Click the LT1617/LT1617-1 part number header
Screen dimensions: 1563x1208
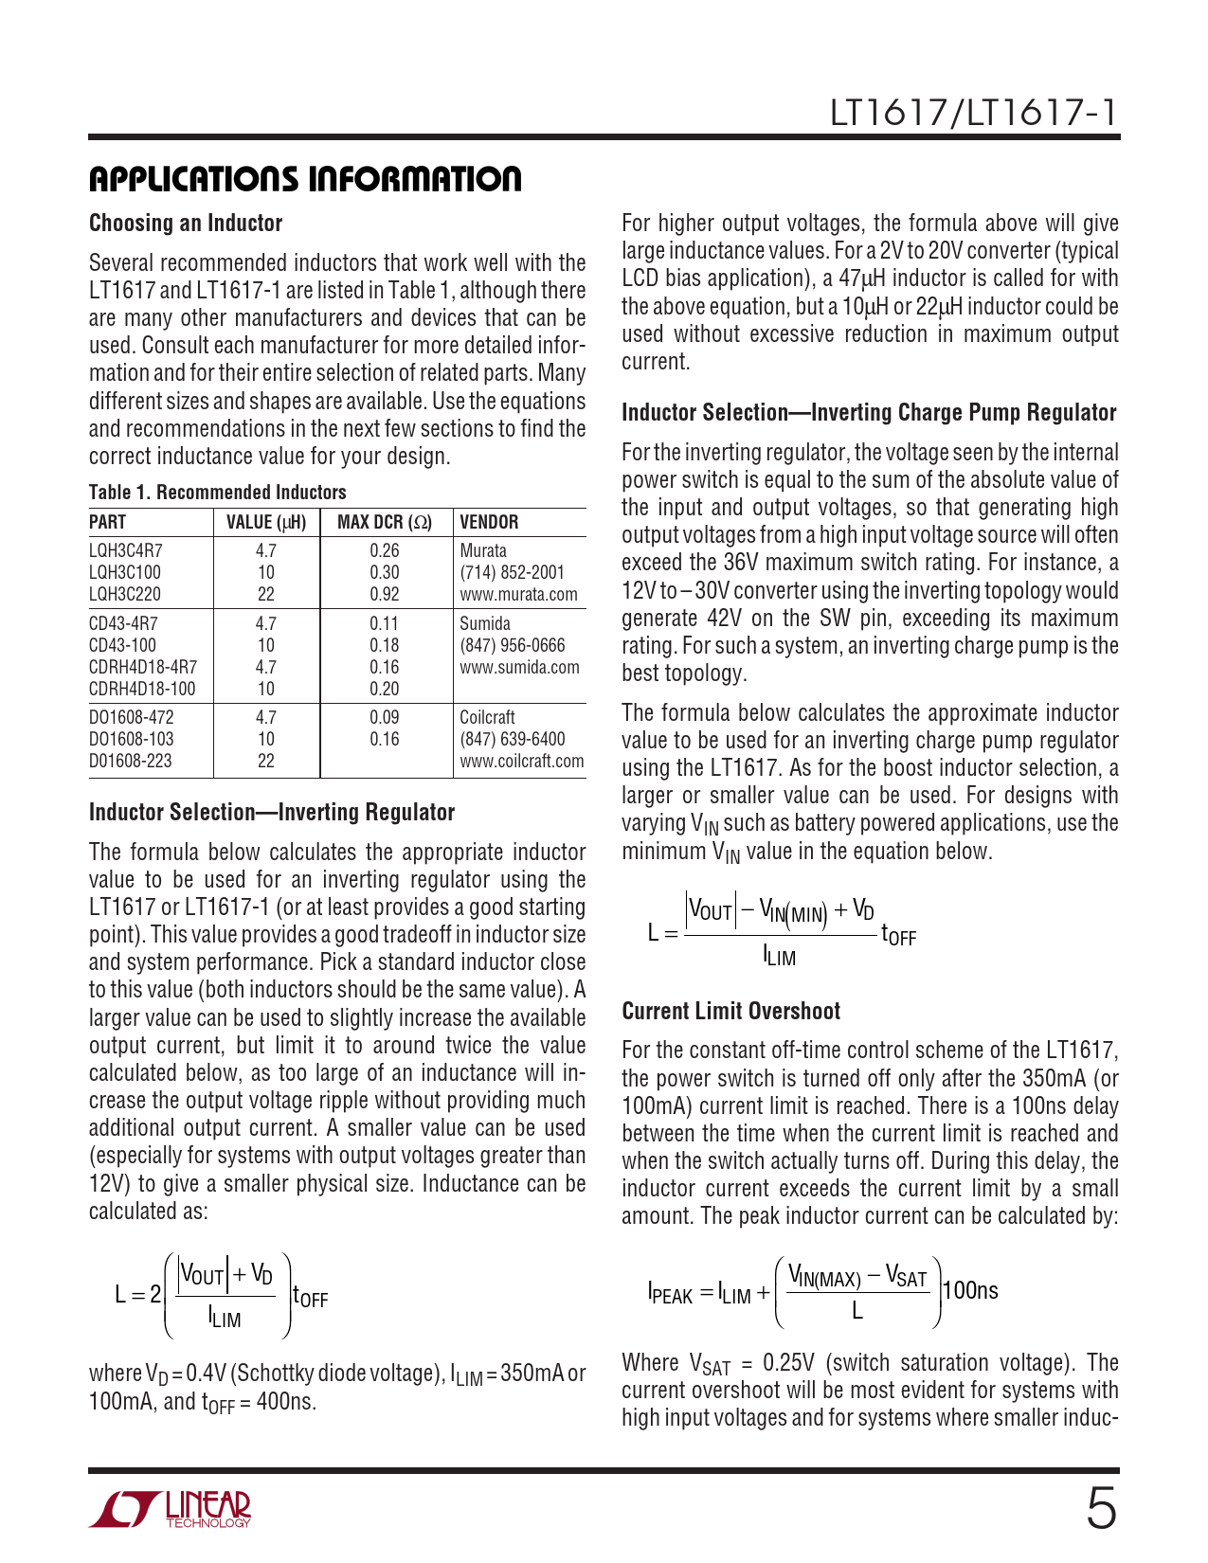[973, 113]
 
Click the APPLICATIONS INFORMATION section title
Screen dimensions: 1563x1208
[305, 179]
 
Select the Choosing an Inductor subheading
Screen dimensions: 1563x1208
[186, 224]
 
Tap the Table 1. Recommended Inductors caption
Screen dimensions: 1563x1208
[217, 493]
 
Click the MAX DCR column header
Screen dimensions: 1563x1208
[385, 523]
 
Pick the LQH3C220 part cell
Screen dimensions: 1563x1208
[125, 595]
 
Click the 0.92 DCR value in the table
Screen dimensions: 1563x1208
[385, 595]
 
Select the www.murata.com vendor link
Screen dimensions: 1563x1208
[518, 595]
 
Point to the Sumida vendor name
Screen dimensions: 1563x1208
[485, 623]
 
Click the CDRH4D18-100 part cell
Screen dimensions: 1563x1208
[142, 690]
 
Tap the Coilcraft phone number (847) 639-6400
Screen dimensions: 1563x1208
[512, 740]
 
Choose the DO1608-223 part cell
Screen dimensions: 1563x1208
[132, 762]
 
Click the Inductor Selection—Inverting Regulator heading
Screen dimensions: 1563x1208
[272, 813]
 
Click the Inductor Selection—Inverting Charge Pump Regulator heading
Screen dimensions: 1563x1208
[869, 413]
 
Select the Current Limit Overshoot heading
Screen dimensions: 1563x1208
[730, 1012]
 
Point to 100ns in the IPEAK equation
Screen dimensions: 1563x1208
[971, 1291]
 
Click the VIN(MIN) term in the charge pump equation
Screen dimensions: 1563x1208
[794, 913]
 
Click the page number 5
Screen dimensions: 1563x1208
[1101, 1509]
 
